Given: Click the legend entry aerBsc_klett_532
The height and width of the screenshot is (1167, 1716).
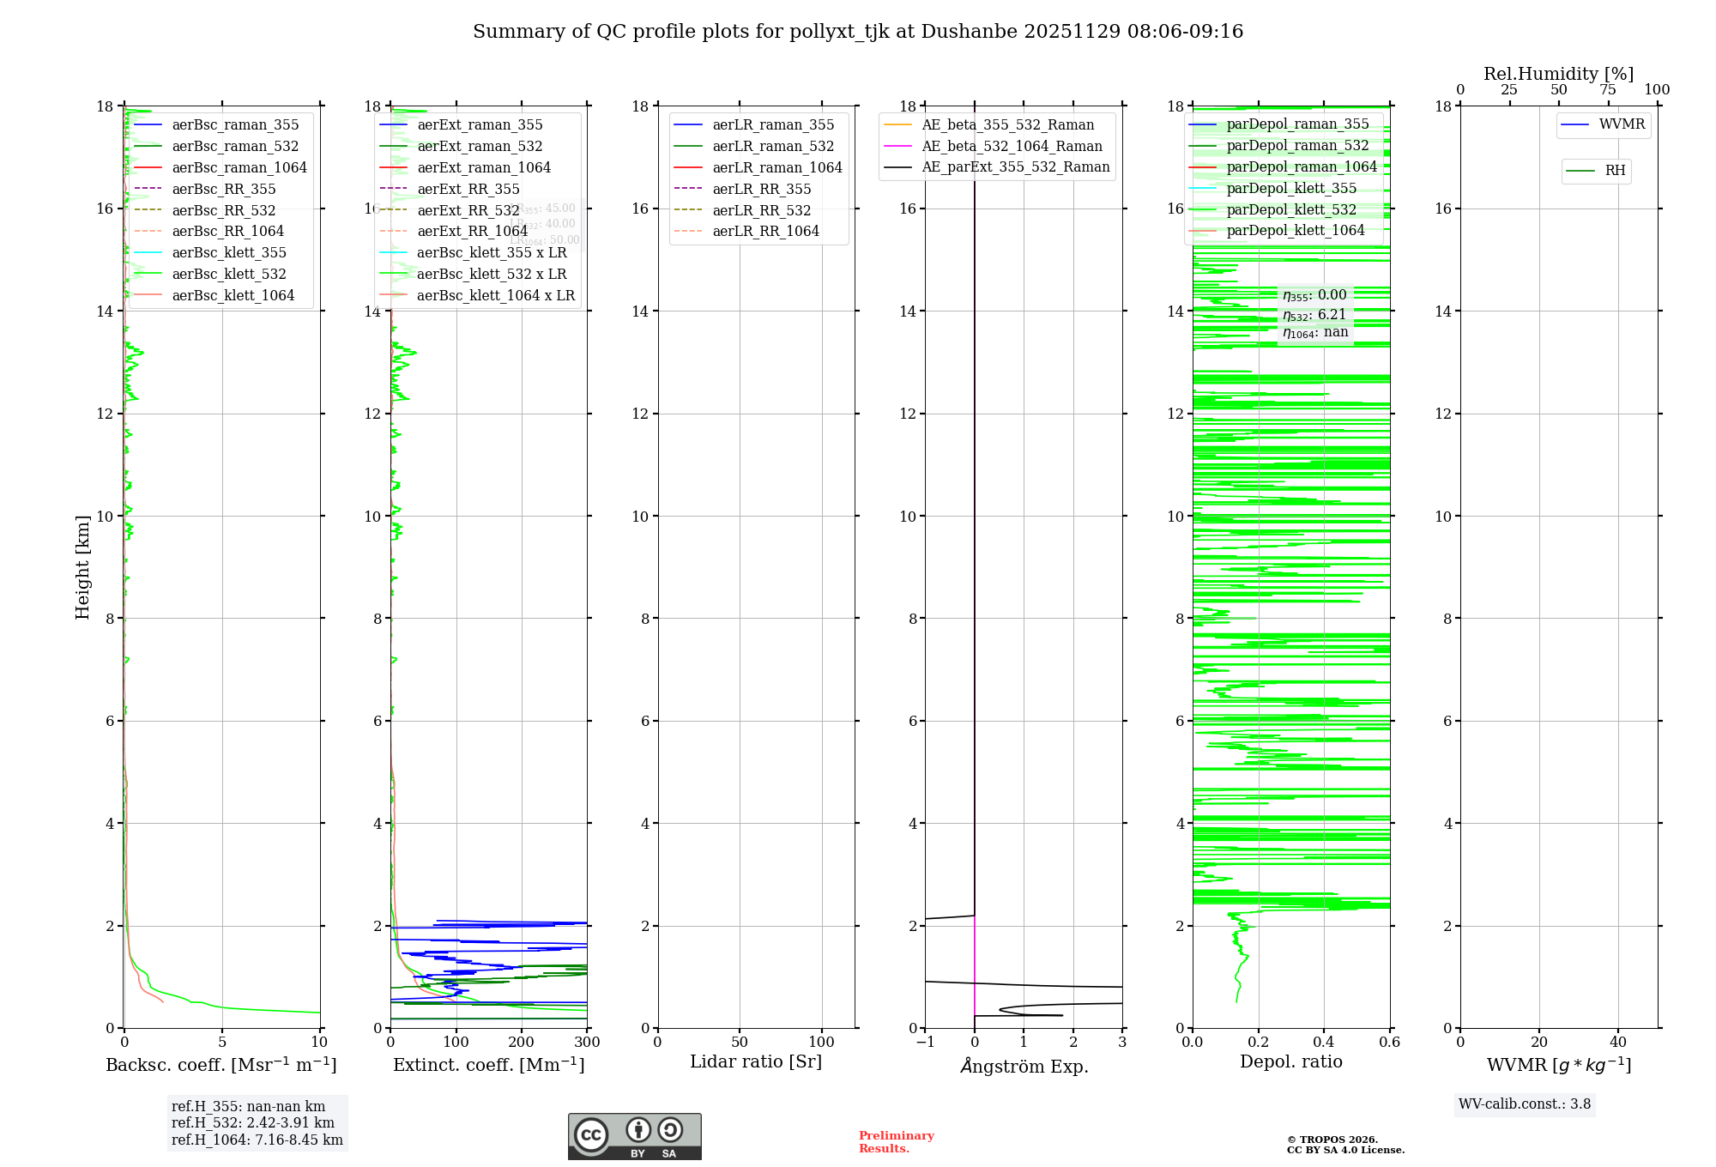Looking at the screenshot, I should point(228,274).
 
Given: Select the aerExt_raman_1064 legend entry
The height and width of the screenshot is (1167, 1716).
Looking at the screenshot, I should point(484,167).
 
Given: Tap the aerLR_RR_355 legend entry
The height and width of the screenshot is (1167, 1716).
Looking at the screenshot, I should point(761,189).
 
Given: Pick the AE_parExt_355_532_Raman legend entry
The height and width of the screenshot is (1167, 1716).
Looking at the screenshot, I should point(1015,166).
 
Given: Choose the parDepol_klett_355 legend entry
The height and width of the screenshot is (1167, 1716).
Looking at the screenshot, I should point(1291,188).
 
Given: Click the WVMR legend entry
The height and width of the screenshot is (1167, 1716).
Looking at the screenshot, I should point(1622,124).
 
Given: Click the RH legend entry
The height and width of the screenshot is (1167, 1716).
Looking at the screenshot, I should point(1615,171).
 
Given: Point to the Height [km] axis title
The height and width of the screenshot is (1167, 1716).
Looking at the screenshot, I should point(82,567).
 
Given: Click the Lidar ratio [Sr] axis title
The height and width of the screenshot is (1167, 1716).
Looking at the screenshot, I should point(755,1061).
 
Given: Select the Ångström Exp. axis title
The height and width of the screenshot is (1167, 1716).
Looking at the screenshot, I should point(1024,1066).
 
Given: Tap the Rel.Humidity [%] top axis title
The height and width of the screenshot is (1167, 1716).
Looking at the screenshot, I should point(1558,74).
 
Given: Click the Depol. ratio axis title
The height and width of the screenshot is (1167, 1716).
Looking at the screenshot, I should point(1290,1061).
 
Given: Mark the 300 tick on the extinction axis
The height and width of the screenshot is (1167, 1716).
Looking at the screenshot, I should point(587,1043).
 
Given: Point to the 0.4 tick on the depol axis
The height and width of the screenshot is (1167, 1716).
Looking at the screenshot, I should point(1324,1043).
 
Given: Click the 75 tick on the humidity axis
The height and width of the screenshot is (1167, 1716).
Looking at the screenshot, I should point(1608,90).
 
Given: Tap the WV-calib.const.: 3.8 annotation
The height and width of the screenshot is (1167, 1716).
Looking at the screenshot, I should point(1524,1104).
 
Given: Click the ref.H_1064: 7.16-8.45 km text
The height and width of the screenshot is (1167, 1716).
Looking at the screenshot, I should point(257,1140).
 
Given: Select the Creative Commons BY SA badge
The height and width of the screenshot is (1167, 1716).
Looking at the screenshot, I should point(634,1136).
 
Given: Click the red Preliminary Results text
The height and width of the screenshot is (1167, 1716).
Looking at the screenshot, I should point(896,1141).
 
